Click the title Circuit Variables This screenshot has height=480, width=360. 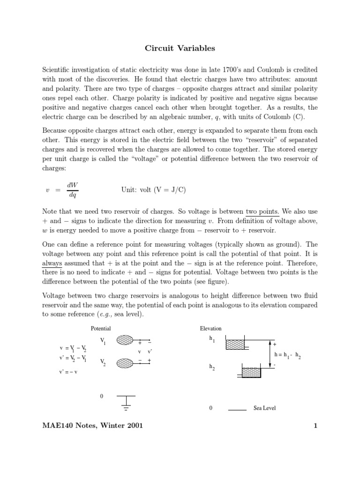180,48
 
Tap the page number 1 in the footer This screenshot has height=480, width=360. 315,426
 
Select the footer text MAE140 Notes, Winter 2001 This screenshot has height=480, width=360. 93,426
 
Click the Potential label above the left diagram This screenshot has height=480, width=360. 101,329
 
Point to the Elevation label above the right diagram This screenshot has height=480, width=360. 210,329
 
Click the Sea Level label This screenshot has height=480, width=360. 264,408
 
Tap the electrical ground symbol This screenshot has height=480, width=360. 126,402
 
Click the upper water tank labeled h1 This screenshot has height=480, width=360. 238,345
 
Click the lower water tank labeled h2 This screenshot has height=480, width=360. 251,373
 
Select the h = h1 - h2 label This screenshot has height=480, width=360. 288,355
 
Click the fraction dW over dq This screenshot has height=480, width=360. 73,190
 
